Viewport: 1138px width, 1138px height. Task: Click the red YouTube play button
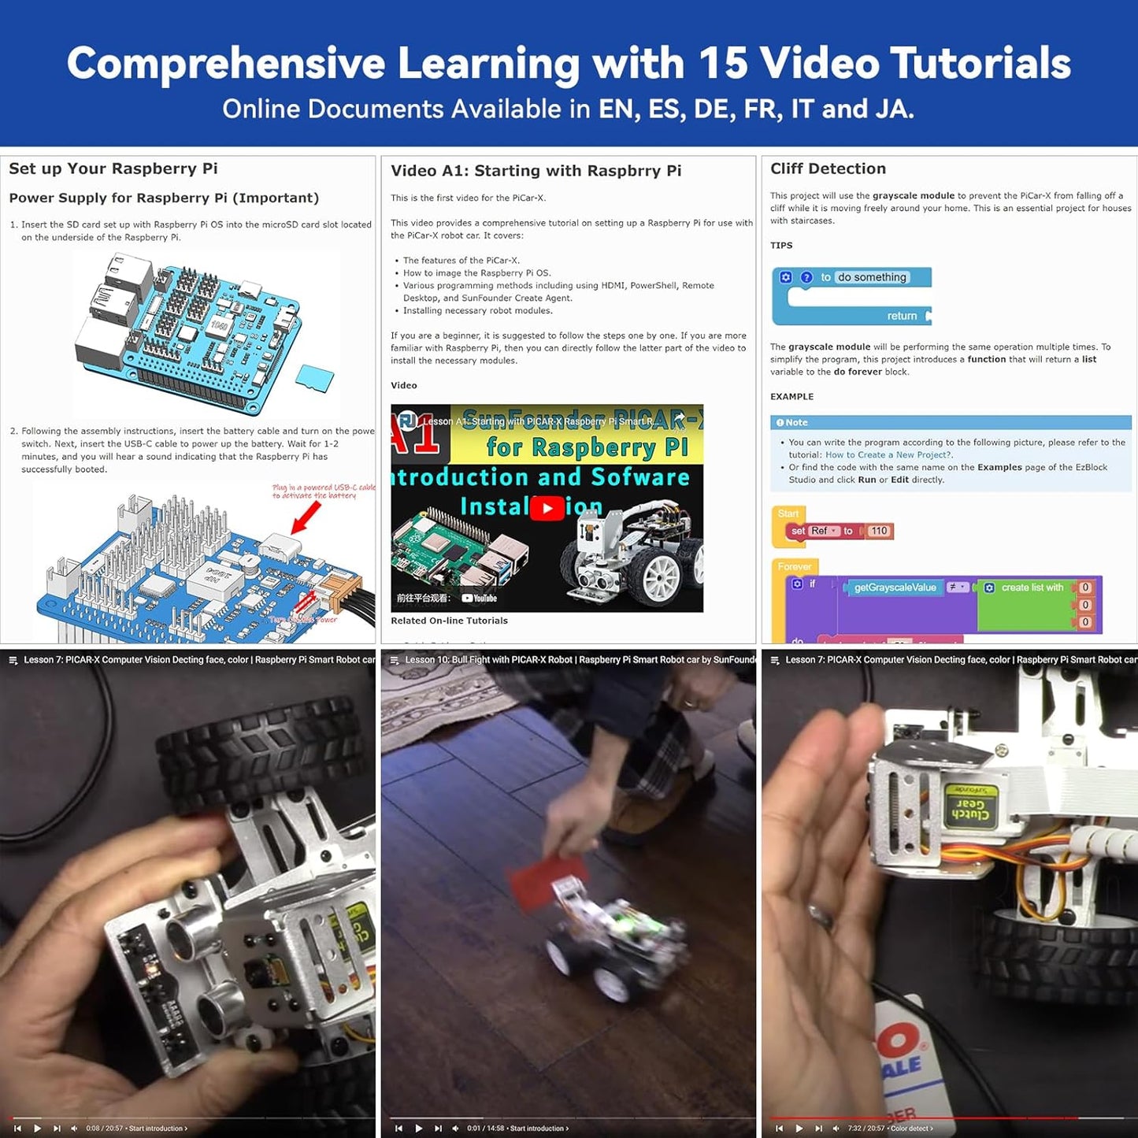click(x=547, y=508)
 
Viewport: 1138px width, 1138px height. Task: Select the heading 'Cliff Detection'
click(x=828, y=169)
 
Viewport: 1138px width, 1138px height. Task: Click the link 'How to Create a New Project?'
click(x=888, y=454)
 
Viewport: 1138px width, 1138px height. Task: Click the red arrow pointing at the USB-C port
click(x=306, y=516)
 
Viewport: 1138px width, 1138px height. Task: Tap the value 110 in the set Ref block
click(x=878, y=531)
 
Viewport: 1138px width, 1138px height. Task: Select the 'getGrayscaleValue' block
click(x=895, y=588)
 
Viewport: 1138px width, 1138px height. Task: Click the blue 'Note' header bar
click(x=950, y=422)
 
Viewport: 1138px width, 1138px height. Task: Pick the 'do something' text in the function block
click(x=871, y=277)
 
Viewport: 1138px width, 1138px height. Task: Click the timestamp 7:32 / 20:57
click(x=866, y=1129)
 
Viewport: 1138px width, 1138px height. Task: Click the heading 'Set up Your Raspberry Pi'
click(x=113, y=169)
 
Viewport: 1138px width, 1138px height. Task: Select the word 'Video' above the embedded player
click(x=404, y=385)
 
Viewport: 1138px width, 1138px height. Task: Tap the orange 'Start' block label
click(x=788, y=513)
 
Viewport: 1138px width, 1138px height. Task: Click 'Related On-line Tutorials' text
click(x=449, y=621)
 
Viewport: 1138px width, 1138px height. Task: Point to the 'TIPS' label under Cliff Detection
click(x=781, y=246)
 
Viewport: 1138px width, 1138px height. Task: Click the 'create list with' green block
click(x=1032, y=588)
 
